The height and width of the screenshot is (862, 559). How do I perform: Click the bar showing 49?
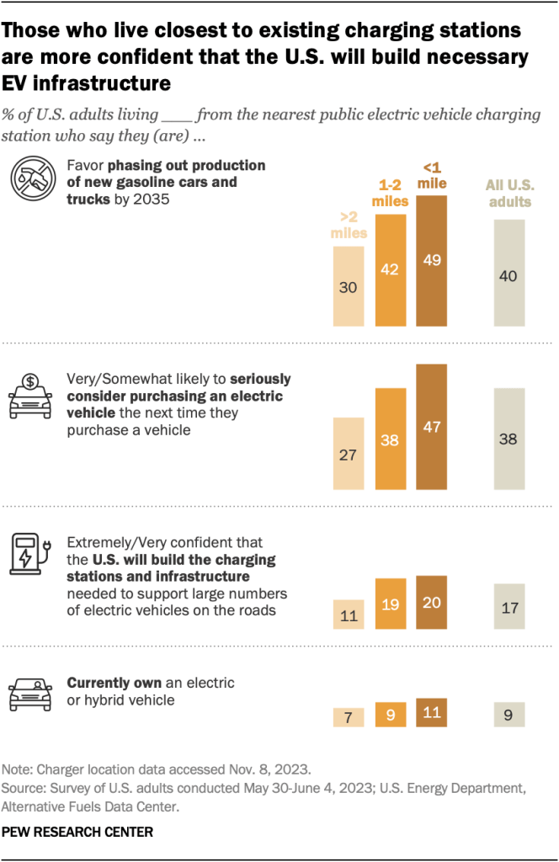pyautogui.click(x=432, y=261)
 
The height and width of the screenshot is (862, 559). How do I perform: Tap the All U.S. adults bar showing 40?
pyautogui.click(x=509, y=274)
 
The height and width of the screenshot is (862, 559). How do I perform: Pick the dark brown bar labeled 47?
pyautogui.click(x=432, y=427)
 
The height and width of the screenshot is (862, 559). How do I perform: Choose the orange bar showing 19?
pyautogui.click(x=391, y=604)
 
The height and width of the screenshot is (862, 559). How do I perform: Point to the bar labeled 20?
pyautogui.click(x=432, y=602)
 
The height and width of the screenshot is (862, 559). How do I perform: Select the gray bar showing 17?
pyautogui.click(x=509, y=606)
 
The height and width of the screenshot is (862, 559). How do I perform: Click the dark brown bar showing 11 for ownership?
pyautogui.click(x=432, y=712)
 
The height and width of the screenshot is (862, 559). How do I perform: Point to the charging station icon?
pyautogui.click(x=31, y=553)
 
